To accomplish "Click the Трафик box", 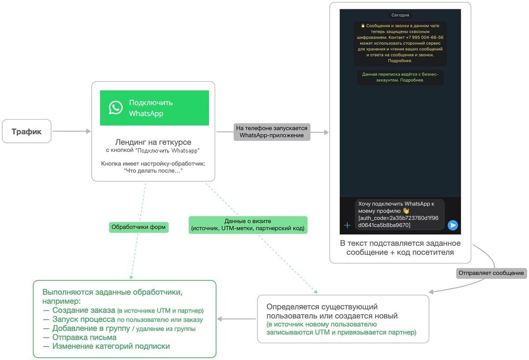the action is click(x=27, y=131).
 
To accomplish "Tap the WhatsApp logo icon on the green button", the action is click(x=115, y=108).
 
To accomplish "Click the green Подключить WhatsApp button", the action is click(x=154, y=108).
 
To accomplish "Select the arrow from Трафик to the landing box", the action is click(x=71, y=131).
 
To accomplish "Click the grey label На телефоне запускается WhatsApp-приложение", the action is click(x=272, y=132).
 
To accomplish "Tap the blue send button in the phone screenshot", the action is click(x=452, y=225).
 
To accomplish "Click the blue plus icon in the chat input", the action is click(x=347, y=225).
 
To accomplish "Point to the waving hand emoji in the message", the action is click(x=406, y=210).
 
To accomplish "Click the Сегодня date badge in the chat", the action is click(x=400, y=15).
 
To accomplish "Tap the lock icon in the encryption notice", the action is click(x=363, y=26).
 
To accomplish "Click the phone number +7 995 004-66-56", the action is click(x=425, y=37).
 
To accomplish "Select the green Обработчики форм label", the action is click(x=138, y=227).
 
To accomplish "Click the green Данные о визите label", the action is click(x=248, y=225).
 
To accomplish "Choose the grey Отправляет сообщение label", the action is click(x=491, y=273).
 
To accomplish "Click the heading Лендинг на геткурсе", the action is click(x=153, y=142).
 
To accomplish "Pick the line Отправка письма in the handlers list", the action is click(x=80, y=337).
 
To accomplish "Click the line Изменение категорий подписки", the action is click(x=107, y=346).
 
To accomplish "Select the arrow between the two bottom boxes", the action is click(x=236, y=319).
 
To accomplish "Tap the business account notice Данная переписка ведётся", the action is click(x=400, y=77).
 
